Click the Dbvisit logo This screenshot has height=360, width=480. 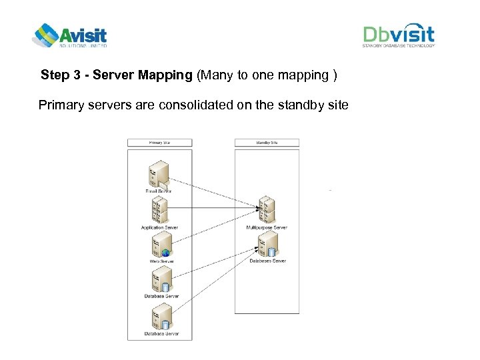(399, 36)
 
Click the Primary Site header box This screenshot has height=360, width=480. (159, 142)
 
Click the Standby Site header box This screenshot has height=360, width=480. (267, 142)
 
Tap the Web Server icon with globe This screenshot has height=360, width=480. (160, 245)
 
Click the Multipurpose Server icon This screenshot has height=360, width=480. (266, 210)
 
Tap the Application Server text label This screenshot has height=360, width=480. (159, 227)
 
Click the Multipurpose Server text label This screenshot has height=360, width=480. (267, 227)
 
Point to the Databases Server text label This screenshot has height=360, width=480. (267, 261)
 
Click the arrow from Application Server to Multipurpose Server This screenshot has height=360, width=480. (213, 208)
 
